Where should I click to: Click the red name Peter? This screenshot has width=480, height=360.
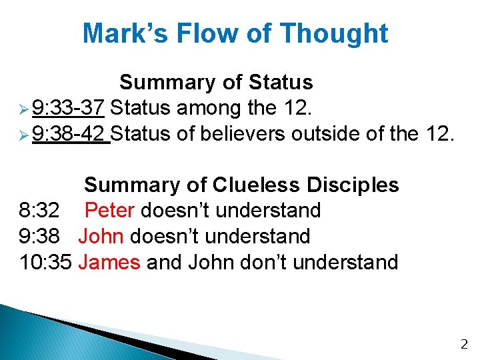[x=110, y=211]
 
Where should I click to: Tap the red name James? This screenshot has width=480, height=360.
[x=109, y=262]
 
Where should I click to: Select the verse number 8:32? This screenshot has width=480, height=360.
[x=39, y=211]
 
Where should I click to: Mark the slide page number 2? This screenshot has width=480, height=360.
[x=464, y=345]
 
